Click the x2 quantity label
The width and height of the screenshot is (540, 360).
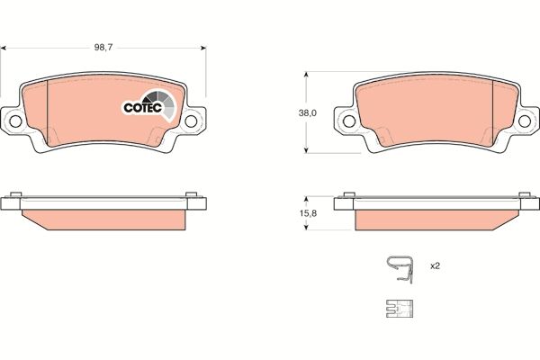(x=435, y=265)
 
